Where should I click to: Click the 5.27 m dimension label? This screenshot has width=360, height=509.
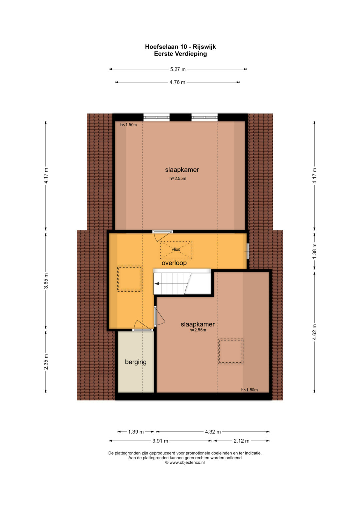178,69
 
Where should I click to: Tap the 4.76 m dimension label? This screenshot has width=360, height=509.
177,82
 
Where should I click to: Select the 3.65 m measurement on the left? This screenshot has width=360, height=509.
46,281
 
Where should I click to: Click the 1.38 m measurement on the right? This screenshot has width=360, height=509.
314,251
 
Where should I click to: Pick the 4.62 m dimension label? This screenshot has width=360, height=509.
314,332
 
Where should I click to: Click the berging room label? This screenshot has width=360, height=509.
136,362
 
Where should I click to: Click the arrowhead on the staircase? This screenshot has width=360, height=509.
157,284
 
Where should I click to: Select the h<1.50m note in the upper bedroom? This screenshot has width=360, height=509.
129,125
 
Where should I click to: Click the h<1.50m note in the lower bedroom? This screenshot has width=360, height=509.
250,390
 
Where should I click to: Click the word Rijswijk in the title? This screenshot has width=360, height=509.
204,47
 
